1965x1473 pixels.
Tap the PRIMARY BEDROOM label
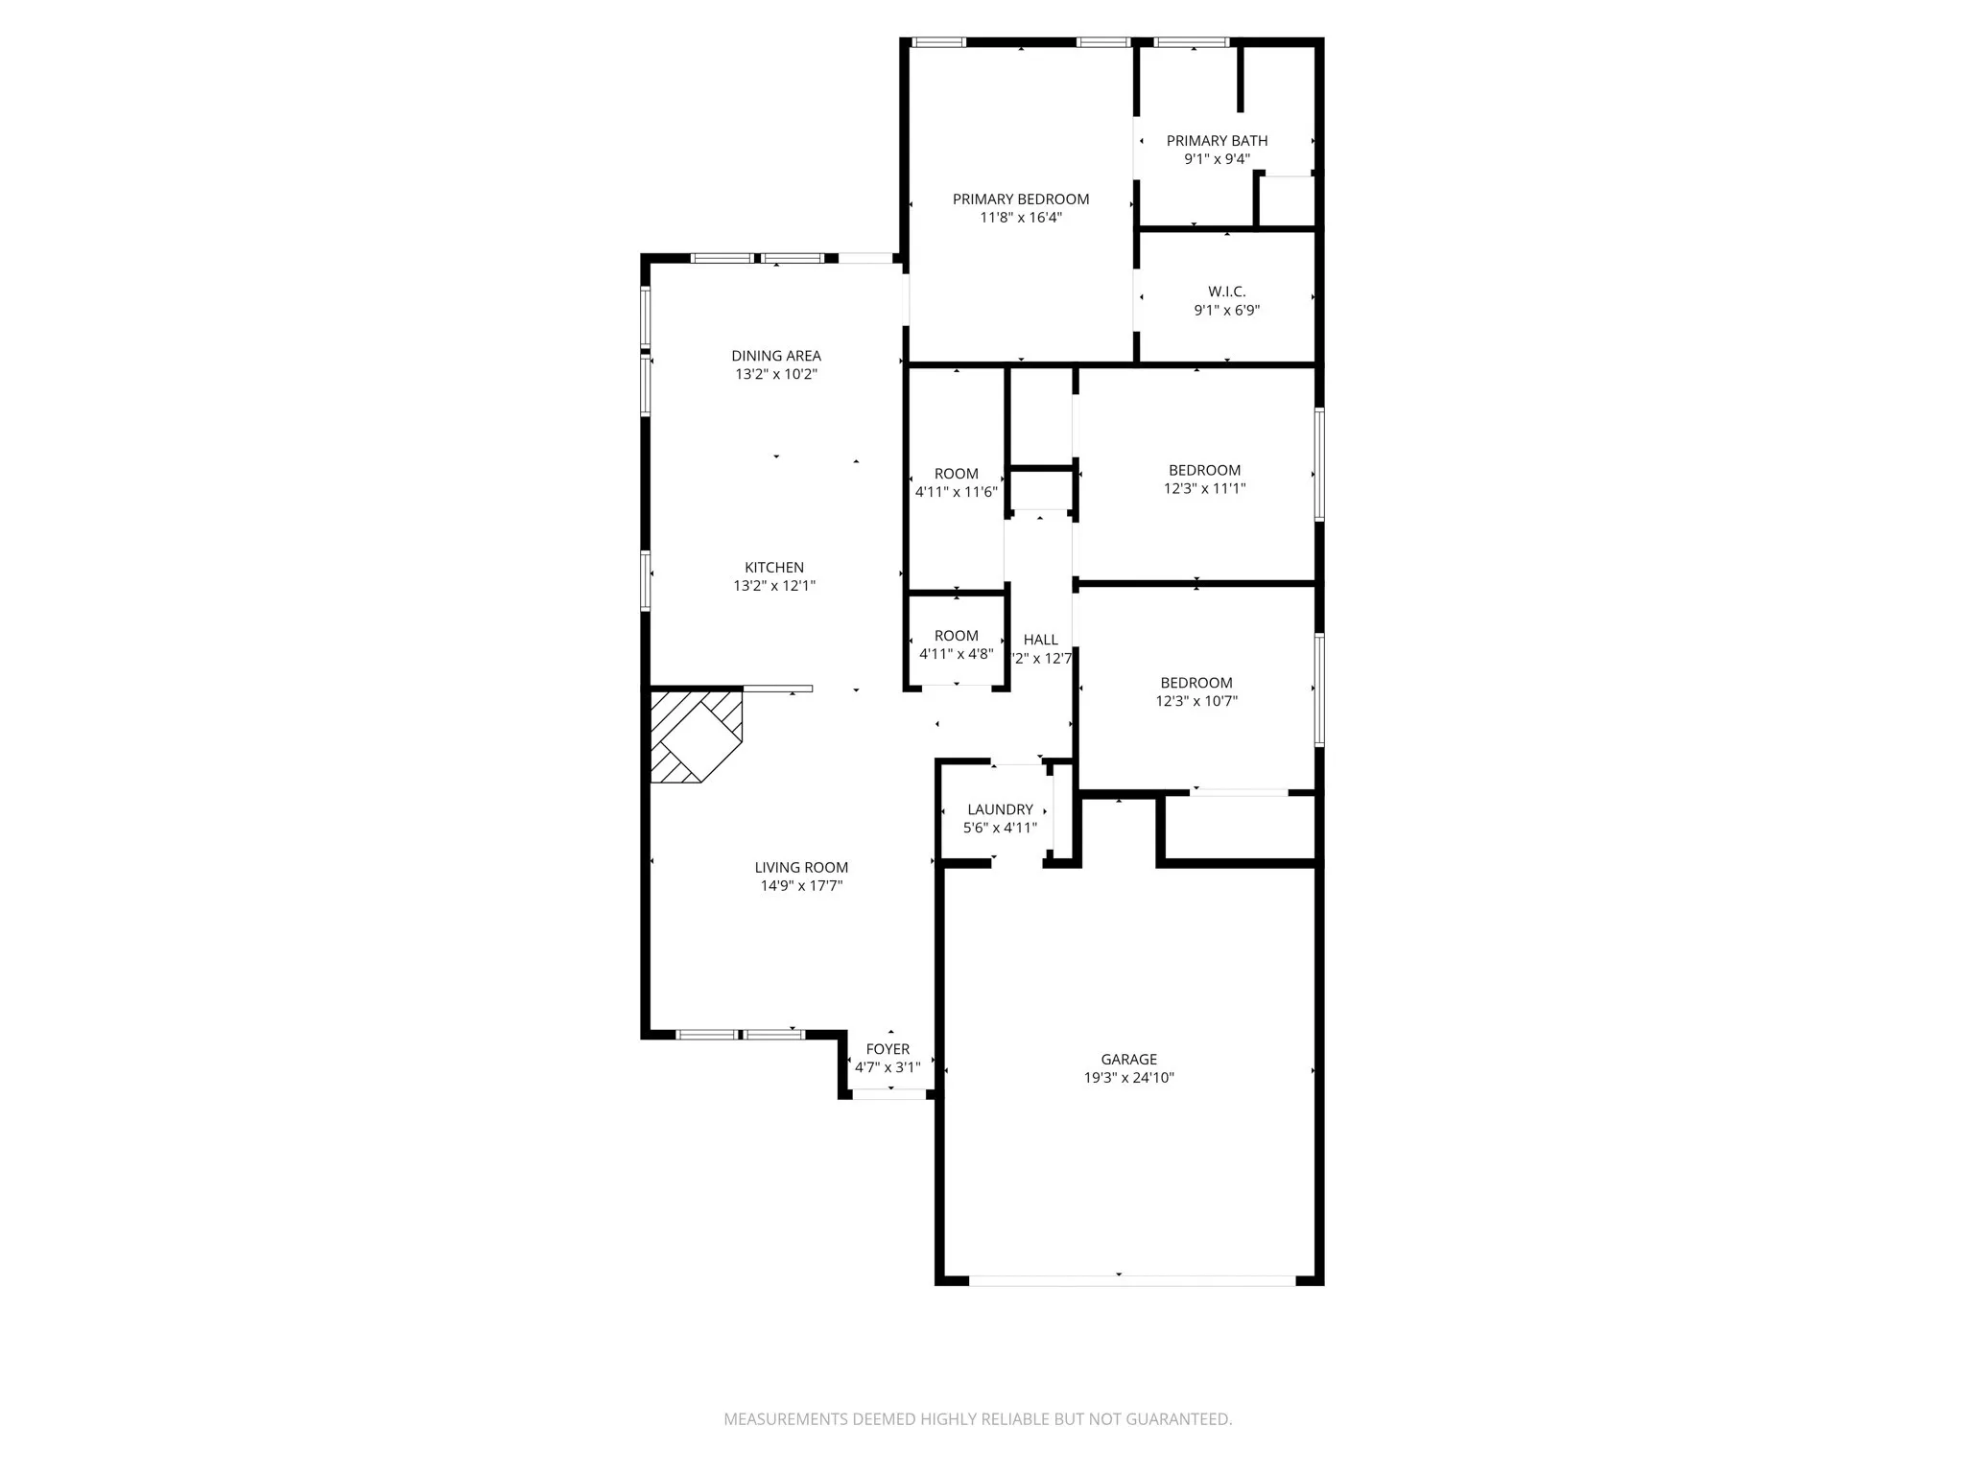click(x=1020, y=199)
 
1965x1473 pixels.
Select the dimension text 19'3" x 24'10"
click(x=1128, y=1077)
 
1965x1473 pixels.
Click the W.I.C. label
click(x=1226, y=292)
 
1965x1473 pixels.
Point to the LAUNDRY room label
click(x=1000, y=809)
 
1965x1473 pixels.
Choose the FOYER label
click(x=888, y=1049)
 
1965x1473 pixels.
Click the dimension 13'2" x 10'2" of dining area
click(x=775, y=374)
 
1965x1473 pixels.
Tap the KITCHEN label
click(x=774, y=568)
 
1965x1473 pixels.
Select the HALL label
click(x=1040, y=640)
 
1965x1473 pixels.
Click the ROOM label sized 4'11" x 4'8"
click(x=956, y=636)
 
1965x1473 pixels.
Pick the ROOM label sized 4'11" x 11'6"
click(x=956, y=474)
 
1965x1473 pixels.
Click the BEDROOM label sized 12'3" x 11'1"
click(x=1204, y=470)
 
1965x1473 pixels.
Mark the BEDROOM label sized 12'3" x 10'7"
click(x=1196, y=683)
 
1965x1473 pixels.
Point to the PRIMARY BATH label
click(x=1217, y=141)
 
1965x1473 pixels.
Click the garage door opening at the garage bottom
click(x=1132, y=1280)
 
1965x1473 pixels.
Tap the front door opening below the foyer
click(x=889, y=1094)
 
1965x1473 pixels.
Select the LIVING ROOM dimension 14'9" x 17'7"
click(x=801, y=885)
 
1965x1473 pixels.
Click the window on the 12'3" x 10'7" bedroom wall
click(x=1319, y=689)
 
